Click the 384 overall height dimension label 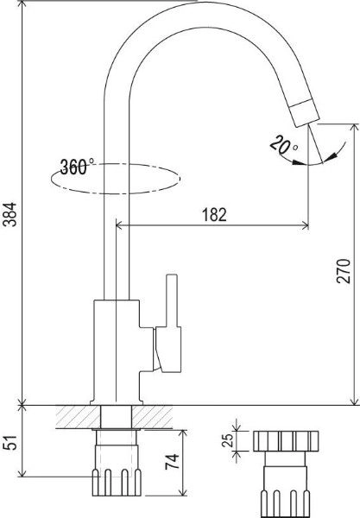[11, 214]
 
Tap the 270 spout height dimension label [343, 271]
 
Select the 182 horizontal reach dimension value [214, 215]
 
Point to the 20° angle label [283, 145]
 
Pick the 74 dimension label [172, 462]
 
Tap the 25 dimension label [228, 440]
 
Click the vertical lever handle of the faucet [173, 300]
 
